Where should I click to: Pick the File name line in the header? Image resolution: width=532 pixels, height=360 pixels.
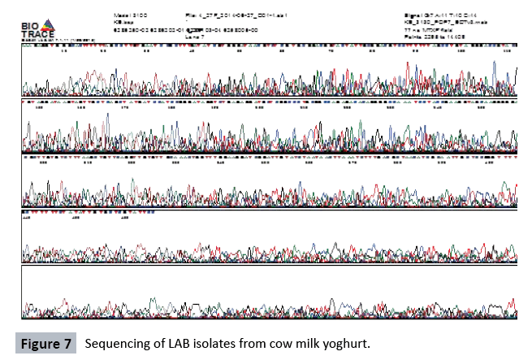coord(231,15)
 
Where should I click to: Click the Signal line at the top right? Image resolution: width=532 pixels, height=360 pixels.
coord(439,15)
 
